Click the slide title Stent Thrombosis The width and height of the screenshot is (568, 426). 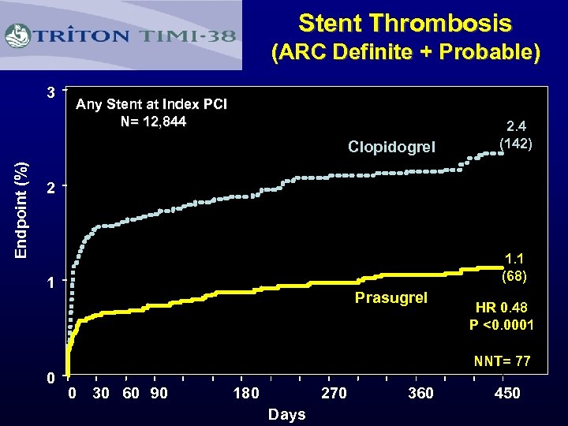[405, 23]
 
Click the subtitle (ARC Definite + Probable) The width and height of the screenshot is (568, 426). [405, 54]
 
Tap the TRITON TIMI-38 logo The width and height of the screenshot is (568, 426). [121, 35]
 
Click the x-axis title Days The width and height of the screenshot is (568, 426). [286, 414]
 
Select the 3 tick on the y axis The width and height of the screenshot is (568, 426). [50, 92]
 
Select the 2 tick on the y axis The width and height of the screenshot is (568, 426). [50, 188]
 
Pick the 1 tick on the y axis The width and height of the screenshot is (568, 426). [50, 282]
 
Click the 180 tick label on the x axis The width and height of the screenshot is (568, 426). [246, 393]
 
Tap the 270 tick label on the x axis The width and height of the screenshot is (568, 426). [333, 393]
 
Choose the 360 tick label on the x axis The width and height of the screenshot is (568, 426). [420, 393]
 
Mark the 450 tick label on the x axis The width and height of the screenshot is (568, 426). [506, 393]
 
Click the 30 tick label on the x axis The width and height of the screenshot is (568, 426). [101, 393]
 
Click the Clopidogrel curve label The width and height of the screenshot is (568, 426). [391, 147]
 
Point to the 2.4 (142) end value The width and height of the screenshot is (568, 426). [517, 134]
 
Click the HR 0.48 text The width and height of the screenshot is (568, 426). [502, 308]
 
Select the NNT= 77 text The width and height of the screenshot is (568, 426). [502, 361]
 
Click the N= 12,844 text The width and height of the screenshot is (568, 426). [153, 121]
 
